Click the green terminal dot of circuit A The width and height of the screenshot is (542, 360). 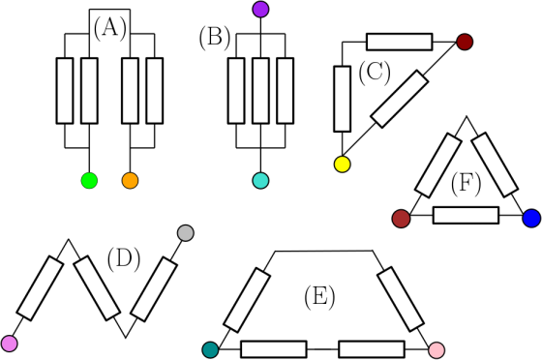pos(89,180)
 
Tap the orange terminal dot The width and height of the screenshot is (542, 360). pos(130,180)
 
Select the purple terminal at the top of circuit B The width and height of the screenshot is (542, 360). pos(260,10)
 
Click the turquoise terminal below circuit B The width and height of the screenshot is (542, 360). pos(260,180)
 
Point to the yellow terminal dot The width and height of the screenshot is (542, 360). pos(343,165)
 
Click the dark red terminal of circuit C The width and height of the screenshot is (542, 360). pos(465,42)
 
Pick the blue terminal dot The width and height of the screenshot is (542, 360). pos(531,219)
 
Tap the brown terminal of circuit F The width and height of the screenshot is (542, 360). pos(401,219)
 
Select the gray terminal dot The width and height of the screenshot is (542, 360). pos(185,233)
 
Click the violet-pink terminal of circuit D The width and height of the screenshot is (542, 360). pos(10,344)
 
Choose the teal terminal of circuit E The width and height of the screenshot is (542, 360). pos(210,349)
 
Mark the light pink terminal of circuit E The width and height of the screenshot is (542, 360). pos(437,349)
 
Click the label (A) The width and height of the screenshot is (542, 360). pos(110,29)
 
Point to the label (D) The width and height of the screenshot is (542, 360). pos(124,259)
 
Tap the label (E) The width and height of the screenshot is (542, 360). pos(319,296)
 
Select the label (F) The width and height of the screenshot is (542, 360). pos(466,184)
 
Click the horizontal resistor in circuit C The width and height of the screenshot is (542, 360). pos(399,42)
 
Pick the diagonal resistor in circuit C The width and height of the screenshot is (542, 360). pos(400,99)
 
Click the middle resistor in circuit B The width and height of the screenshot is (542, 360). pos(260,91)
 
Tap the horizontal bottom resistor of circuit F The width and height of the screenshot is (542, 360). pos(466,215)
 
